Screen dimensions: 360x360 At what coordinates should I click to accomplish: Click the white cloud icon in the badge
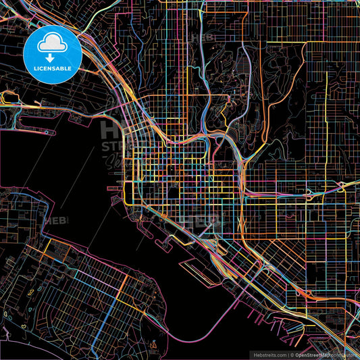[x=52, y=43]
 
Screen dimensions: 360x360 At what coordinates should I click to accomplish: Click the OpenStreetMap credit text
[x=317, y=354]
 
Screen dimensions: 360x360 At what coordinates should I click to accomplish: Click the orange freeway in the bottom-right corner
[x=341, y=344]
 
